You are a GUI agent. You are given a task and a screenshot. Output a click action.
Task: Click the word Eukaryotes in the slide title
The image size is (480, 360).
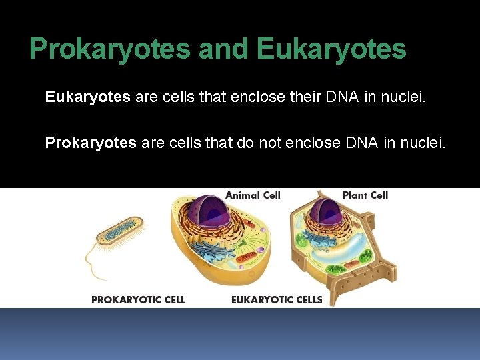tap(331, 49)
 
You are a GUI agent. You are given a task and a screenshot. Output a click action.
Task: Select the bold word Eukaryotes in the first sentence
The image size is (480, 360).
tap(87, 97)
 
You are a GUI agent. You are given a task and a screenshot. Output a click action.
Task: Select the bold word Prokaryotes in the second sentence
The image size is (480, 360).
tap(91, 143)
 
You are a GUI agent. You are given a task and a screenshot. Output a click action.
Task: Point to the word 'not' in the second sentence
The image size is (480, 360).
tap(270, 143)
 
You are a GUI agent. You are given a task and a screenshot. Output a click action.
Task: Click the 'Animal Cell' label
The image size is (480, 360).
tap(253, 195)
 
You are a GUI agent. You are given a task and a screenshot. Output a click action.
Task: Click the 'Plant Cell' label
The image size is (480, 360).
tap(365, 195)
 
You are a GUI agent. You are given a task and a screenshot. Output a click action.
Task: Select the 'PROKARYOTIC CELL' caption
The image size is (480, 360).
tap(138, 300)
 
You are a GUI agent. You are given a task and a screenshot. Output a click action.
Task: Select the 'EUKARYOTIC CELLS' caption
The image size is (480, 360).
tap(277, 300)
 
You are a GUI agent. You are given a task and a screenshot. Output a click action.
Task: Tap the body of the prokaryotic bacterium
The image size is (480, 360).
tap(120, 230)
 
